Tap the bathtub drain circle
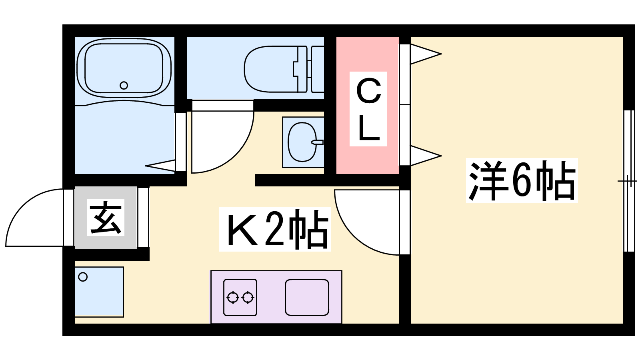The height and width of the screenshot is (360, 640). coord(124,85)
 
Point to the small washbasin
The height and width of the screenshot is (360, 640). coord(302,142)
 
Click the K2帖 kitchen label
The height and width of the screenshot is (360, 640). coord(275,229)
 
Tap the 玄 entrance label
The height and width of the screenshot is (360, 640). coord(106,218)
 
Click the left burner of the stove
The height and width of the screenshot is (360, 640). coord(233,298)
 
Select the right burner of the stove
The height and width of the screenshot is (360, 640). coord(248,298)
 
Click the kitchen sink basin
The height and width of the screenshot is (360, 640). coord(307,297)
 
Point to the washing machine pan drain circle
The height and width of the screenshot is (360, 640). coord(83,277)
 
